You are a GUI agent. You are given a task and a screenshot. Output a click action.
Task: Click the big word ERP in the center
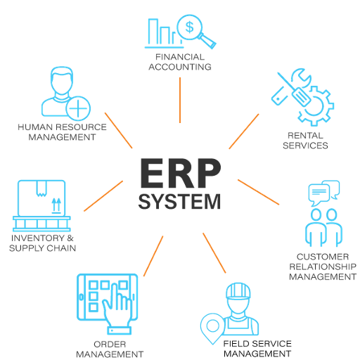tap(180, 173)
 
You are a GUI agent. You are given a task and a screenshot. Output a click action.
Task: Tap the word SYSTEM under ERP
tap(179, 202)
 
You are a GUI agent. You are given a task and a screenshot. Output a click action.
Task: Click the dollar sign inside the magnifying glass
tap(189, 27)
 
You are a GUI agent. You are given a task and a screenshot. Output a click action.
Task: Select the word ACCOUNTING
tap(180, 67)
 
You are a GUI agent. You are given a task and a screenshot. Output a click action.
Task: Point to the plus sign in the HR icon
tap(78, 108)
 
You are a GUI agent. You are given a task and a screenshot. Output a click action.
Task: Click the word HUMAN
tap(35, 127)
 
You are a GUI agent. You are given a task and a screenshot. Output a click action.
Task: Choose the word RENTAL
tap(305, 136)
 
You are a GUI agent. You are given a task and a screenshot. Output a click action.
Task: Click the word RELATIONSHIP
tap(323, 266)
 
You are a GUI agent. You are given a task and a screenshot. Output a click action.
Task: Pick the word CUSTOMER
tap(323, 257)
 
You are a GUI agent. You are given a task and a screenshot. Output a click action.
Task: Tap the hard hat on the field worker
tap(238, 291)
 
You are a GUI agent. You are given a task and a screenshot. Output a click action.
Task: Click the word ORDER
tap(110, 345)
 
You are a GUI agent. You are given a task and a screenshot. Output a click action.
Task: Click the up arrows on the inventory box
tap(56, 205)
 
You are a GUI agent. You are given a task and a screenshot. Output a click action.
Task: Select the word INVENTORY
tap(38, 238)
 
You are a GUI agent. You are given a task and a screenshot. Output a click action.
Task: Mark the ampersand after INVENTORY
tap(70, 238)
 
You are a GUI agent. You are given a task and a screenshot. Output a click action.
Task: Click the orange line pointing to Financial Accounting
tap(180, 100)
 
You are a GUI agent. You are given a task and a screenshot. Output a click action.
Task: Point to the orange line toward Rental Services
tap(244, 131)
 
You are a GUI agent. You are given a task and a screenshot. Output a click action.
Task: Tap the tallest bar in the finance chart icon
tap(153, 32)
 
